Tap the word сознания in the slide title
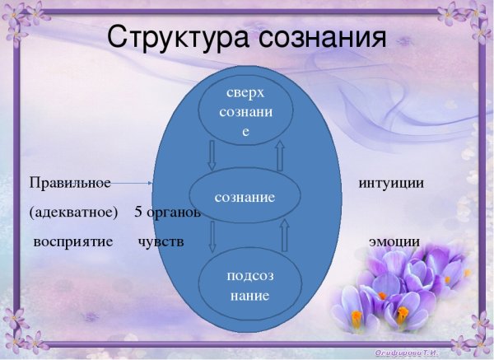320,38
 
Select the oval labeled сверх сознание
245,110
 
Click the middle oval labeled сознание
245,198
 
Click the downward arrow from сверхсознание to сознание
210,154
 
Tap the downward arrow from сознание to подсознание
212,236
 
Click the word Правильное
69,182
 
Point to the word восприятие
72,242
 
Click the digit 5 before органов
138,212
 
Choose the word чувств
161,242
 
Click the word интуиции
391,182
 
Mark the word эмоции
394,242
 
